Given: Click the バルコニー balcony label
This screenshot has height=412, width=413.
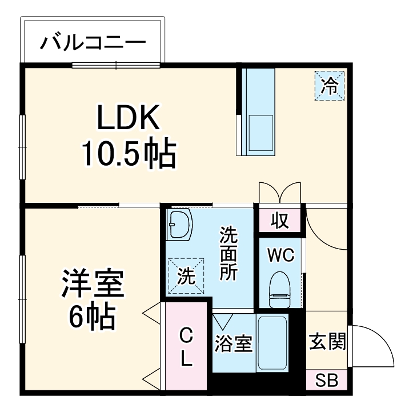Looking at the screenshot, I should (x=93, y=42).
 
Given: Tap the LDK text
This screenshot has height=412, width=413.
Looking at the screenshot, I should (x=127, y=119).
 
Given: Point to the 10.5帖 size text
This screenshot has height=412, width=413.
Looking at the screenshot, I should (x=127, y=153).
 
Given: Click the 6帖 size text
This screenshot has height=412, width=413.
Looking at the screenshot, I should (x=93, y=317).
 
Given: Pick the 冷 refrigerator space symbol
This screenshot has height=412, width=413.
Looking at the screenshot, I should (x=330, y=86).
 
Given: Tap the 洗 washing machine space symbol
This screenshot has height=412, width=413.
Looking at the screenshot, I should (x=186, y=277).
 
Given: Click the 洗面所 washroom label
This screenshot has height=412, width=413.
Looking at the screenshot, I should (x=228, y=254).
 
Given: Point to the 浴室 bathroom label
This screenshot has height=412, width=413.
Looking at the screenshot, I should (x=234, y=345).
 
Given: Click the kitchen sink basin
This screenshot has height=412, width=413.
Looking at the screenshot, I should (x=260, y=133).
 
